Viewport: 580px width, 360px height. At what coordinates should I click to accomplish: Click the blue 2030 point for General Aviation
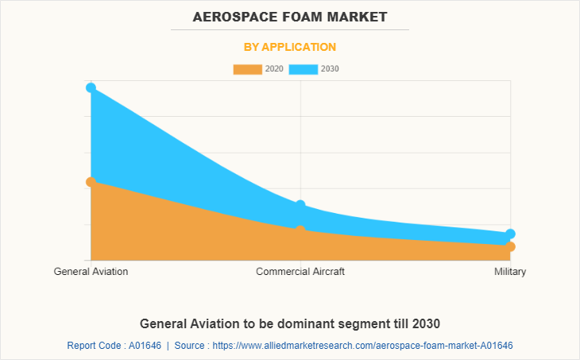click(x=91, y=87)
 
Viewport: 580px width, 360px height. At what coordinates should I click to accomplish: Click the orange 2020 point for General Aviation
click(x=91, y=182)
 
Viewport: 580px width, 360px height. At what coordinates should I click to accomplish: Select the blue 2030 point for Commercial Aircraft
click(x=300, y=206)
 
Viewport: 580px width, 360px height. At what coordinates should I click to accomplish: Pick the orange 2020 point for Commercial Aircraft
click(x=300, y=230)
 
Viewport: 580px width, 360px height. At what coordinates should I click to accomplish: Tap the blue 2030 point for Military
click(x=510, y=234)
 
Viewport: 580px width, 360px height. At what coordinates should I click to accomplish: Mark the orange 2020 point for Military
click(x=510, y=246)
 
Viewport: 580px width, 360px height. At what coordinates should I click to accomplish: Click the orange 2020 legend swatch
click(x=247, y=69)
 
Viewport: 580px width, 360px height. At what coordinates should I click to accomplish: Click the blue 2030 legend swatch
click(x=303, y=69)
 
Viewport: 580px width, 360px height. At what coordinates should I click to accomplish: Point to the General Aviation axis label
click(x=91, y=272)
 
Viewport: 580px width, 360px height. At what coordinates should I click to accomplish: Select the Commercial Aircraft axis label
click(x=300, y=272)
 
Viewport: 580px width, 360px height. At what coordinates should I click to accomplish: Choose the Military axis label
click(x=510, y=272)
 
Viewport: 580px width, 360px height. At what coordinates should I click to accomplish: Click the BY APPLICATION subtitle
click(x=290, y=47)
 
